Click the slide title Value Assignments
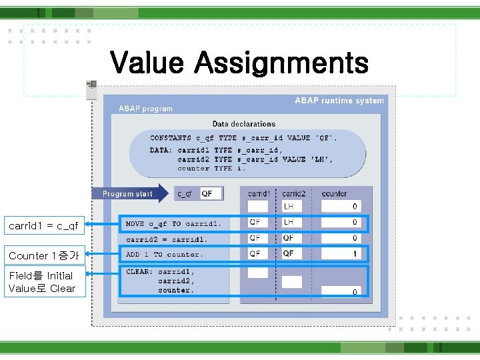239,63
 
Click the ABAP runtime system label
339,101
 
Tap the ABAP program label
145,109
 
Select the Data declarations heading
244,124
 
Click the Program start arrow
131,194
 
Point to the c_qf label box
185,194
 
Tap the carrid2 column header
293,194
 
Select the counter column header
334,194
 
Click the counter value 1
355,254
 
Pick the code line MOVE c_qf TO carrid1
173,223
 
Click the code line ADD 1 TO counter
164,254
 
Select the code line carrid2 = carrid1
167,239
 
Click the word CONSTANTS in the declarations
171,138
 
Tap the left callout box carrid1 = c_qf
43,226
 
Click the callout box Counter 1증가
43,256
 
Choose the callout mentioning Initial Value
43,282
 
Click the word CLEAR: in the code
139,271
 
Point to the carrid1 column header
259,194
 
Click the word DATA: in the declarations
161,150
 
